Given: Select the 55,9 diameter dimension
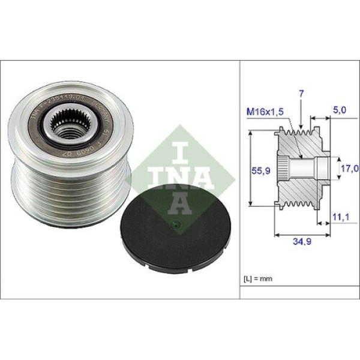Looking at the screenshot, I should pos(259,170).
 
